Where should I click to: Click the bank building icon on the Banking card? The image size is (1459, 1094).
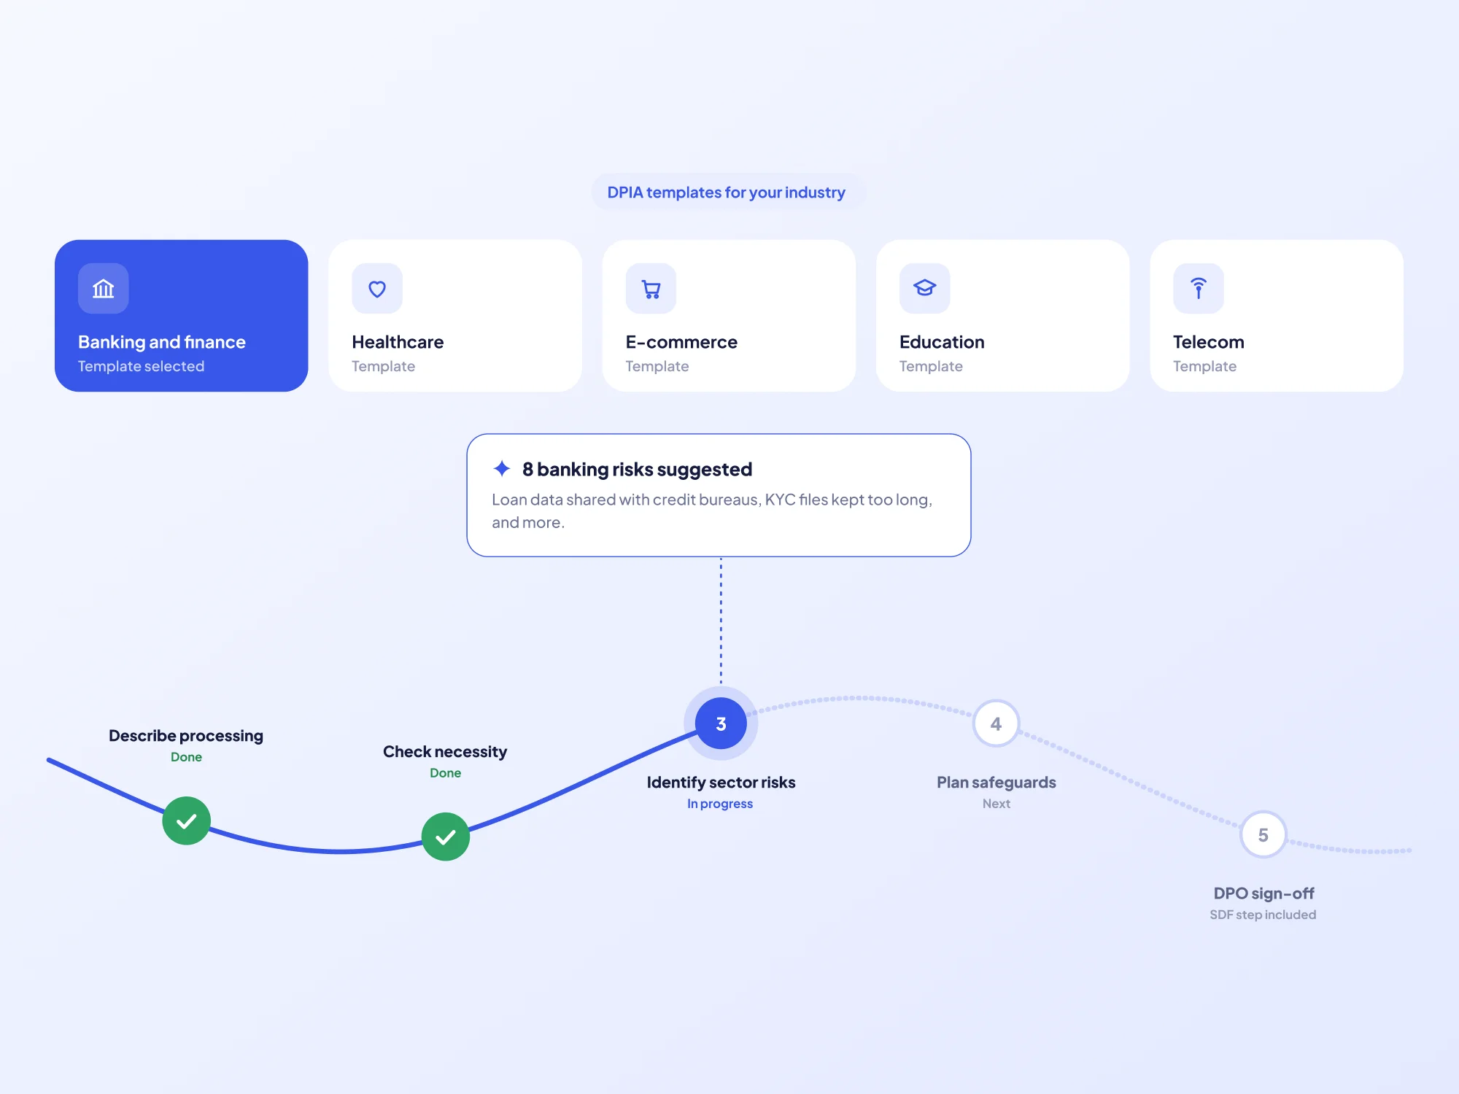104,289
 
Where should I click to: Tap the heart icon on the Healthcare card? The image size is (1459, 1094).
377,289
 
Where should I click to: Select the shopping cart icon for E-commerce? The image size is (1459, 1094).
651,290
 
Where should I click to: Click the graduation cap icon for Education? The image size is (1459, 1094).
924,288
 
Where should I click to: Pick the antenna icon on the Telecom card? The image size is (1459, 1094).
1198,288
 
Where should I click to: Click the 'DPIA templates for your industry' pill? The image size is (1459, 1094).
727,193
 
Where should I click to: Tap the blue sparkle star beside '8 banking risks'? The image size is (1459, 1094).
502,468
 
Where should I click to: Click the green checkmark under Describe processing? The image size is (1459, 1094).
187,820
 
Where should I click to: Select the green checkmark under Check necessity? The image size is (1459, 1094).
446,837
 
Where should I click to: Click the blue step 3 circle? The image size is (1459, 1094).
721,723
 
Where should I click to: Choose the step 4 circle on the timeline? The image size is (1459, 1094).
996,723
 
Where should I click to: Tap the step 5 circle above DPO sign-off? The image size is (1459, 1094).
1263,835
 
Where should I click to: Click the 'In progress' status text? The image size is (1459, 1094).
720,804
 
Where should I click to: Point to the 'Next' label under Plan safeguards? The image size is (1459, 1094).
996,804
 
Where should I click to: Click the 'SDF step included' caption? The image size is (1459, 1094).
1263,915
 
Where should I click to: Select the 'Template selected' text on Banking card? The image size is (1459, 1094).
142,366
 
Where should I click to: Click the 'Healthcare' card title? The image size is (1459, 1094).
398,342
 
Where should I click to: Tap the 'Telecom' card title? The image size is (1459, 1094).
1209,342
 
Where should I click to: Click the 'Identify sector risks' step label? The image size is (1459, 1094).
721,783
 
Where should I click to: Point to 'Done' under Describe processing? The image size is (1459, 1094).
187,757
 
